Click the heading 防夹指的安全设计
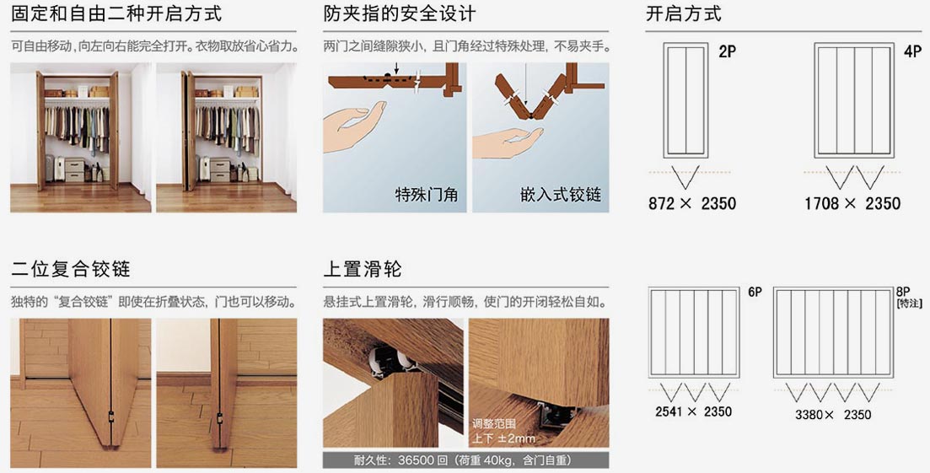coord(399,13)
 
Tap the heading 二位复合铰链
coord(71,269)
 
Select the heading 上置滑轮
coord(363,269)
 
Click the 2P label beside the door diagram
coord(727,52)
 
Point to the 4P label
coord(913,52)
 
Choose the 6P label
coord(755,293)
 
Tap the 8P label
coord(903,293)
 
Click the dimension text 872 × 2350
coord(692,203)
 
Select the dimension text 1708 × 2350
coord(852,203)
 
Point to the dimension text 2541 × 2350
coord(693,411)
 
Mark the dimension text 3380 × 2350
coord(833,414)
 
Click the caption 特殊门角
coord(427,194)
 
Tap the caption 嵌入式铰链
coord(561,194)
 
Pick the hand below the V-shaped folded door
coord(506,144)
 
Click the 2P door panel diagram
coord(685,100)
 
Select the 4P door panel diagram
coord(854,100)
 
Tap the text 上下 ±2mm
coord(503,438)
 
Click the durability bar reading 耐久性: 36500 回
coord(465,460)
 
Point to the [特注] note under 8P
coord(909,304)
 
